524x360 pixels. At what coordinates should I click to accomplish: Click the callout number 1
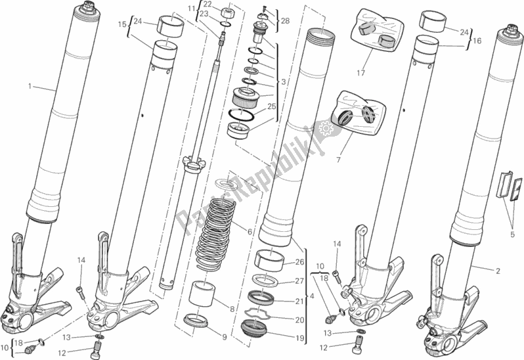[30, 87]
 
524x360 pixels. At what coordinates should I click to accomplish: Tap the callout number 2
[498, 271]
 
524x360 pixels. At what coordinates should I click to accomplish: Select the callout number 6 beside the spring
[250, 232]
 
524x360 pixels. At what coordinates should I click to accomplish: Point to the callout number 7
[338, 160]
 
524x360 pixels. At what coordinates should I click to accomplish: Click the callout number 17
[361, 72]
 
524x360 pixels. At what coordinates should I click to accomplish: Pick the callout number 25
[272, 106]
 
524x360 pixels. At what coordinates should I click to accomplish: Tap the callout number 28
[285, 21]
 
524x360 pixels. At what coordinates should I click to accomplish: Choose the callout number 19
[300, 338]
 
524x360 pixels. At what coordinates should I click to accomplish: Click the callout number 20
[300, 320]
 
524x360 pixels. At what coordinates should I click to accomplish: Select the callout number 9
[225, 337]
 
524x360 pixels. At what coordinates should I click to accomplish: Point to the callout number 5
[512, 235]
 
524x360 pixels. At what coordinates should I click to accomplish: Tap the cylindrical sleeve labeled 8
[201, 294]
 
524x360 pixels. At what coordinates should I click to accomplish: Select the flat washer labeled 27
[267, 280]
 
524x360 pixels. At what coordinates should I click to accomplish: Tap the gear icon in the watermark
[325, 128]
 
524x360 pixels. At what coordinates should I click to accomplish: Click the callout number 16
[477, 41]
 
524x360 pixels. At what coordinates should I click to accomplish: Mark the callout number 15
[122, 24]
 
